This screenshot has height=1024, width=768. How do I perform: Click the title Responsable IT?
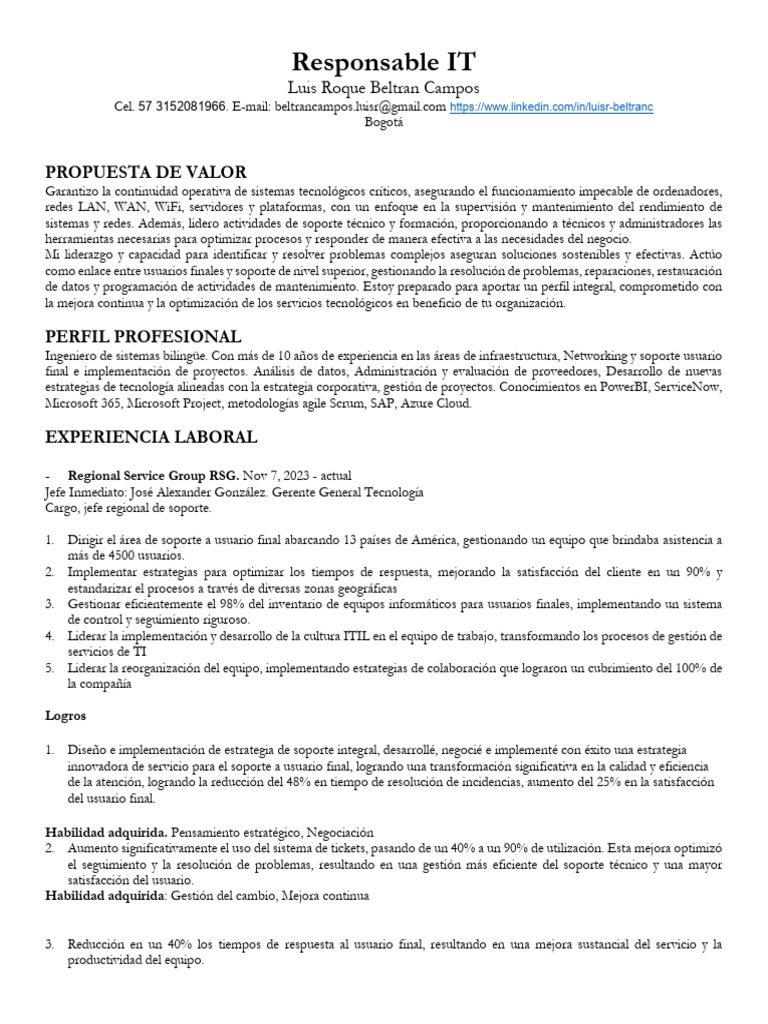pos(383,62)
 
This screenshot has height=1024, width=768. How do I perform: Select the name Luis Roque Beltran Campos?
pos(383,88)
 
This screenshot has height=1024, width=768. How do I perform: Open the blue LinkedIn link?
pos(551,106)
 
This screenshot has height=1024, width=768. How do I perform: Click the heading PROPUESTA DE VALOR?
pos(146,172)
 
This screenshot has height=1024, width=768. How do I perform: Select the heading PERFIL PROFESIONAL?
pos(143,336)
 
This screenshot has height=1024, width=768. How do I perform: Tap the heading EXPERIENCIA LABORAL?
pos(151,437)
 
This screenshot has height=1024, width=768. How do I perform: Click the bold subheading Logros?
pos(66,716)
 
